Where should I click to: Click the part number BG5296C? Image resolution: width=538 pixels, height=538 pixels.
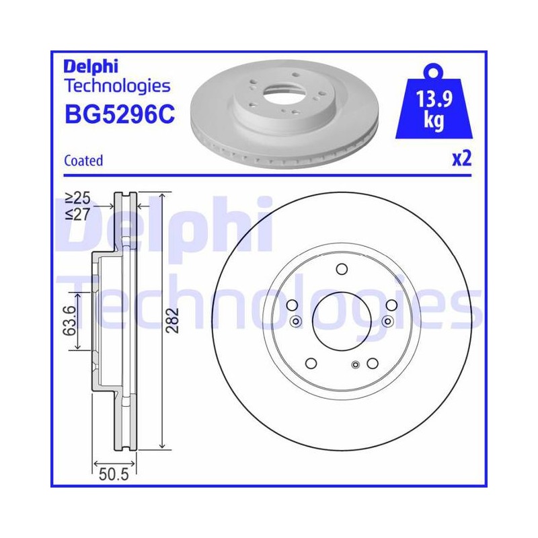tap(120, 114)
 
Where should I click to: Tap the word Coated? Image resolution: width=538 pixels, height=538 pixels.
tap(83, 161)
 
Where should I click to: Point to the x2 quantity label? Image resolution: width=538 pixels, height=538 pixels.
tap(462, 159)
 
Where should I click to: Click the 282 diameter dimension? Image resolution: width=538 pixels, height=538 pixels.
tap(172, 321)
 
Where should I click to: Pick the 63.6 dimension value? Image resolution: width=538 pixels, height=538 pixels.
tap(69, 321)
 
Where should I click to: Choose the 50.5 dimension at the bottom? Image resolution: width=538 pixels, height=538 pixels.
tap(114, 475)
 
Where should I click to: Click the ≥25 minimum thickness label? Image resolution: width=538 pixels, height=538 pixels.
tap(78, 198)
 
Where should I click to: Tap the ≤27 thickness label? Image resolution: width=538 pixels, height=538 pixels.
tap(78, 215)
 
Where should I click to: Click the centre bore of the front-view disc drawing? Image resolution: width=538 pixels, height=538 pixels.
tap(342, 321)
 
